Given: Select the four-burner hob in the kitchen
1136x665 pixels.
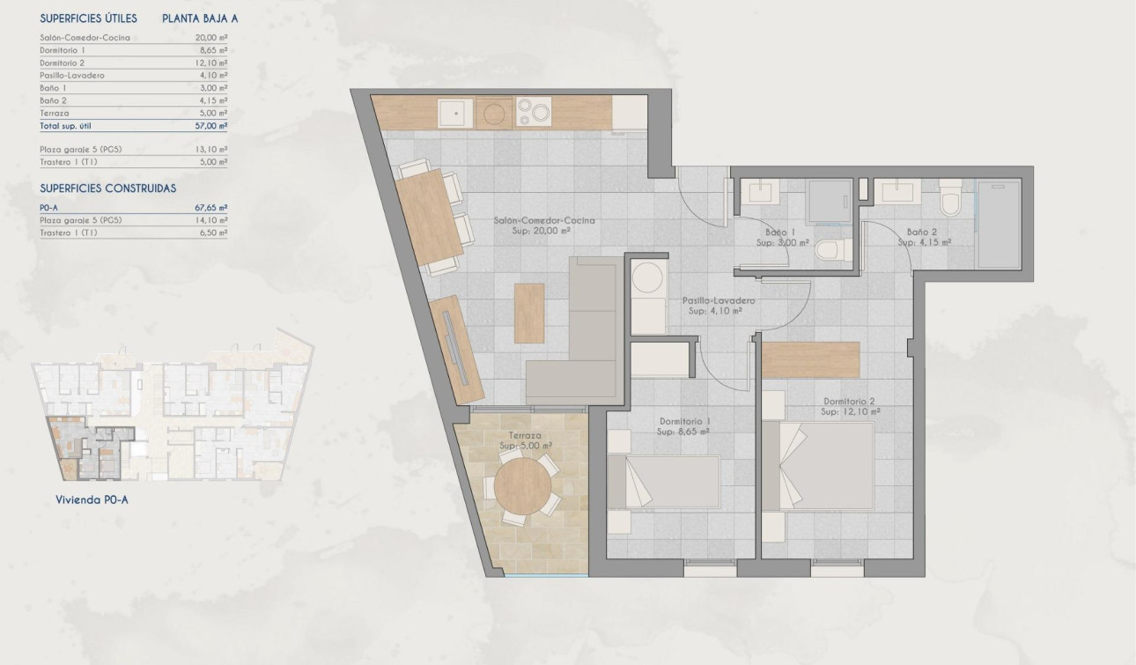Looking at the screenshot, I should click(533, 113).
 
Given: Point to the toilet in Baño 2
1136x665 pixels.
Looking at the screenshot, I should click(950, 200).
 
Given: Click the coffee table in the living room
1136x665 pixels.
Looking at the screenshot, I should click(529, 312).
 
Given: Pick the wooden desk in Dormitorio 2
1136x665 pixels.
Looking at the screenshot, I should click(810, 359).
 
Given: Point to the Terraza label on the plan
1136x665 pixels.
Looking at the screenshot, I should click(525, 435).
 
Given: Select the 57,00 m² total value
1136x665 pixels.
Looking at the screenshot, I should click(210, 126).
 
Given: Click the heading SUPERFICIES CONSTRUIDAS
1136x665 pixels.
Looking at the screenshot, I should click(108, 188).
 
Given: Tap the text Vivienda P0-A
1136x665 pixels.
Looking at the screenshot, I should click(92, 499).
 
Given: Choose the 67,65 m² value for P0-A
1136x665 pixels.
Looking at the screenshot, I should click(210, 207).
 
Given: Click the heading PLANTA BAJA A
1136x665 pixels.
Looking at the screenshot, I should click(200, 18).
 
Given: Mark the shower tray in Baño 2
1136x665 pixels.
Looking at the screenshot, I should click(999, 224).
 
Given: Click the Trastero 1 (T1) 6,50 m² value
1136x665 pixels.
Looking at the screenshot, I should click(210, 233).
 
